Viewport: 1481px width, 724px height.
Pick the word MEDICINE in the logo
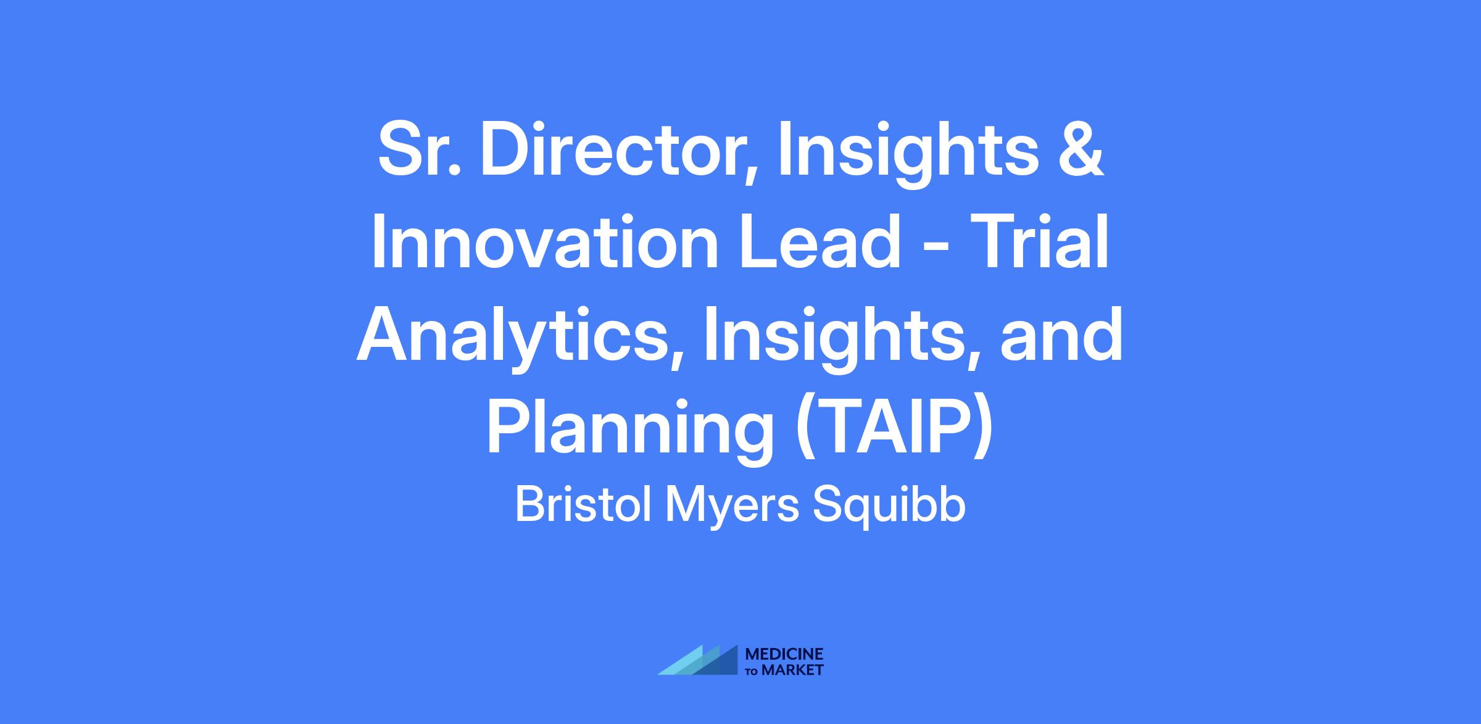click(x=784, y=654)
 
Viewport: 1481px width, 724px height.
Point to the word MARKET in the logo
click(x=792, y=670)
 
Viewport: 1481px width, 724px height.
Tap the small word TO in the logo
click(x=753, y=670)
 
